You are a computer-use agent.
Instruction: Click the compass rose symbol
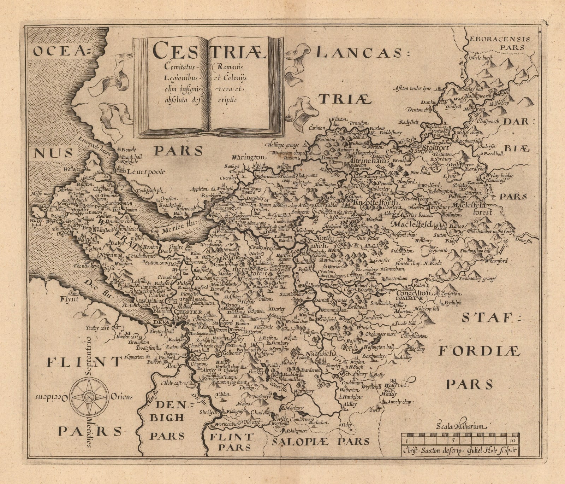[89, 396]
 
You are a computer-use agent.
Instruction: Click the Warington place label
[248, 157]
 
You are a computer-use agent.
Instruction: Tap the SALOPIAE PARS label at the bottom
[321, 441]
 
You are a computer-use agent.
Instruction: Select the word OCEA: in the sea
[62, 52]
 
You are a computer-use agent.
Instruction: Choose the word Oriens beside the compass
[121, 397]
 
